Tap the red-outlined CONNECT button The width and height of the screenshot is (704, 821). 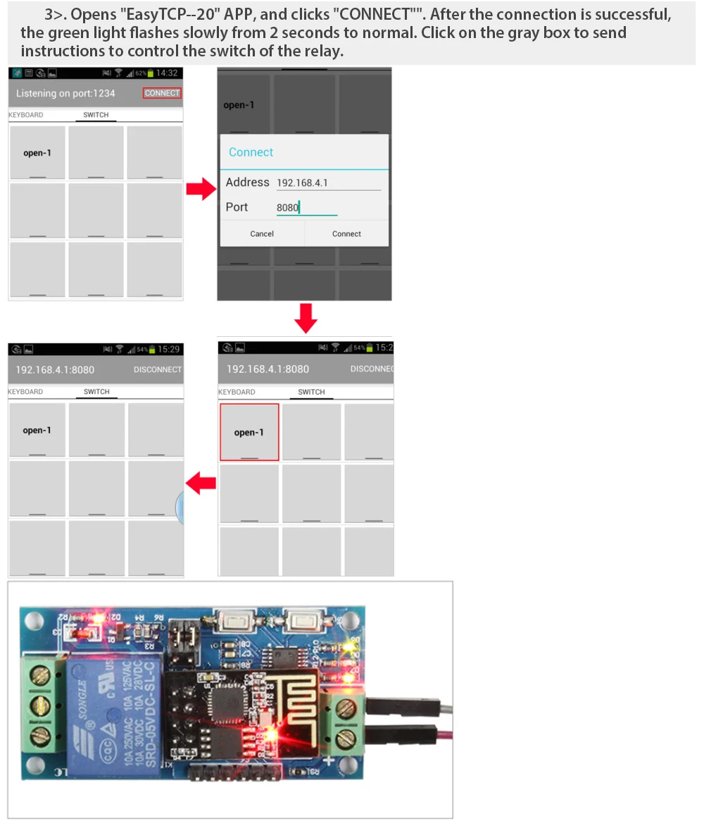pyautogui.click(x=162, y=93)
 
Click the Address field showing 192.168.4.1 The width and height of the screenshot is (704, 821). pyautogui.click(x=328, y=183)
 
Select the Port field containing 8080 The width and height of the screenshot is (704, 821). pyautogui.click(x=306, y=207)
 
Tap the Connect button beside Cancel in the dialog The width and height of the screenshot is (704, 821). pyautogui.click(x=346, y=234)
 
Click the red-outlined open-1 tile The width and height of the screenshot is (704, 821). pyautogui.click(x=249, y=432)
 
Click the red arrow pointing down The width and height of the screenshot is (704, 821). pyautogui.click(x=306, y=319)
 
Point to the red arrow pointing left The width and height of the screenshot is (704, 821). pyautogui.click(x=201, y=483)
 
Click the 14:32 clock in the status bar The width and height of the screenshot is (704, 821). pyautogui.click(x=168, y=73)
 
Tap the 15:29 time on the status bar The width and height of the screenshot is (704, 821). pyautogui.click(x=169, y=349)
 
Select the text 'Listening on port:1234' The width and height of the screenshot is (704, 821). pyautogui.click(x=65, y=93)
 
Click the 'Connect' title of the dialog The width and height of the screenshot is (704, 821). pyautogui.click(x=251, y=152)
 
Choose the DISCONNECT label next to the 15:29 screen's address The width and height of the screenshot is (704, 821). pyautogui.click(x=158, y=369)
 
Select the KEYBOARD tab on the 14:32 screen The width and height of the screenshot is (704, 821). pyautogui.click(x=26, y=115)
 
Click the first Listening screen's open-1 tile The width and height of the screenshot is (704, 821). pyautogui.click(x=37, y=153)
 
